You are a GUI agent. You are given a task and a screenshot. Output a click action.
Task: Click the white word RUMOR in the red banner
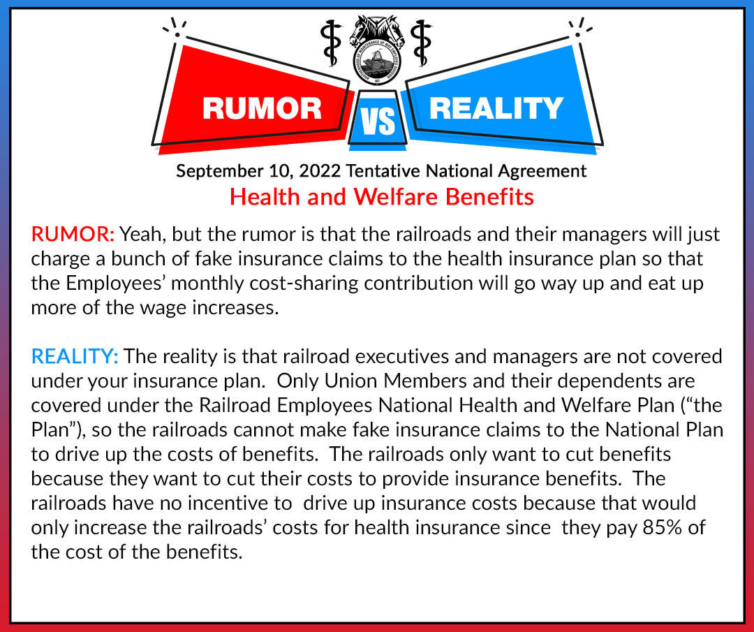pyautogui.click(x=262, y=108)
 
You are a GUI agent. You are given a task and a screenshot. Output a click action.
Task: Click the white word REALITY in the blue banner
pyautogui.click(x=496, y=108)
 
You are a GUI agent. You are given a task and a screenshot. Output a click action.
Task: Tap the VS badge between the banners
pyautogui.click(x=378, y=119)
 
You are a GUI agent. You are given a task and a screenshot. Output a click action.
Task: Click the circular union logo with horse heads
pyautogui.click(x=377, y=50)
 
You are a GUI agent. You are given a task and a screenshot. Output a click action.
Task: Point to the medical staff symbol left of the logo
pyautogui.click(x=332, y=43)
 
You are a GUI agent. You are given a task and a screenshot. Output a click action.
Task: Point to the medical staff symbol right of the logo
pyautogui.click(x=422, y=43)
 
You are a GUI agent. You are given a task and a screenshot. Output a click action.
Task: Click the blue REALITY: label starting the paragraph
pyautogui.click(x=75, y=356)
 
